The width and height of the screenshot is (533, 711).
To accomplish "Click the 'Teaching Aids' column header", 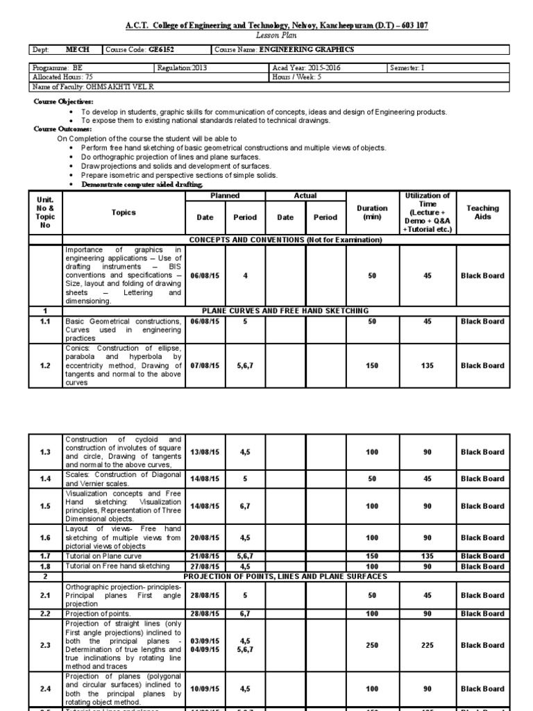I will coord(482,212).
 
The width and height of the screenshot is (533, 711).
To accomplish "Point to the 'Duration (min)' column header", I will coord(373,212).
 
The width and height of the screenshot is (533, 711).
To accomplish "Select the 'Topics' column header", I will coord(123,212).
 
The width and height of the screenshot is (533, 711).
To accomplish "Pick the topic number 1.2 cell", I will coord(45,366).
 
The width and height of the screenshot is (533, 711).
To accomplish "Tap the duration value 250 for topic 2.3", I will coord(373,646).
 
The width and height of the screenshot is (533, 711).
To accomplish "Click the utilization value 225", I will coord(428,646).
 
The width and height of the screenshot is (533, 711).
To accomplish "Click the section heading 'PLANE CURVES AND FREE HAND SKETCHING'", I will coord(285,311).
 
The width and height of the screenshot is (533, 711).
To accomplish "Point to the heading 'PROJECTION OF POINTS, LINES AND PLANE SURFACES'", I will coord(285,576).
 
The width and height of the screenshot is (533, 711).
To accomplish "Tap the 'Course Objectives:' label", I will coord(63,102).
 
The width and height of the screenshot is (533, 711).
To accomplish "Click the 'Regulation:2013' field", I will coord(182,68).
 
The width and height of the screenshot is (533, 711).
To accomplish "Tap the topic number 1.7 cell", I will coord(45,556).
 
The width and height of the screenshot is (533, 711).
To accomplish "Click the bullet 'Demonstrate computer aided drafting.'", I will coord(142,185).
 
